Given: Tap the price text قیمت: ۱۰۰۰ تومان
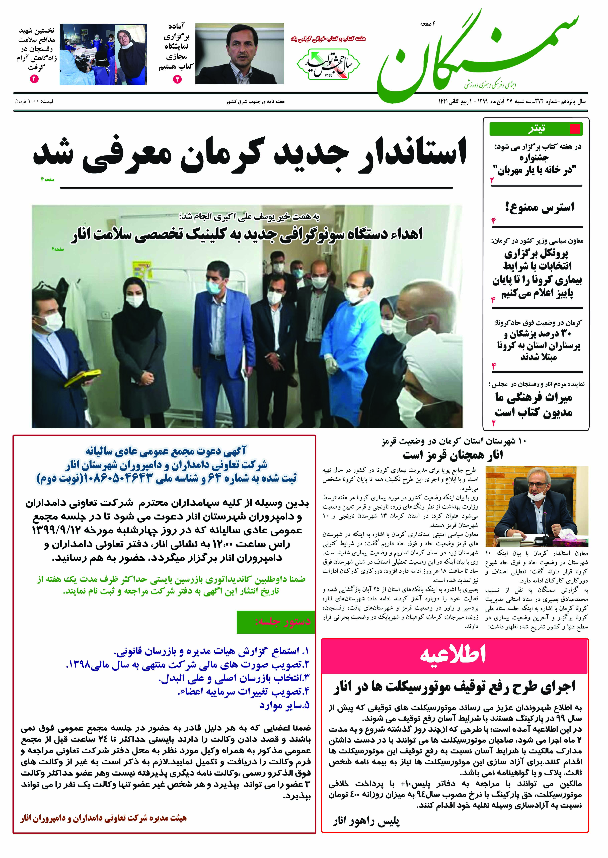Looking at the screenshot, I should click(x=34, y=101).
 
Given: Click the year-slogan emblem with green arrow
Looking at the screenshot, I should click(x=328, y=64).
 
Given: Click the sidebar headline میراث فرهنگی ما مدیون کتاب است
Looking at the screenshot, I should click(x=534, y=405).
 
